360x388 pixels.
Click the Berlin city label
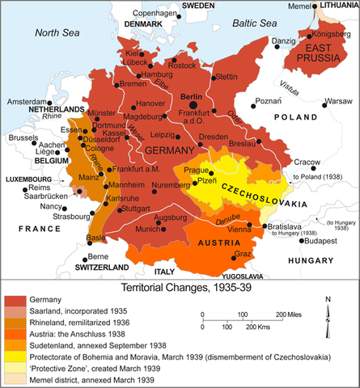(190, 96)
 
